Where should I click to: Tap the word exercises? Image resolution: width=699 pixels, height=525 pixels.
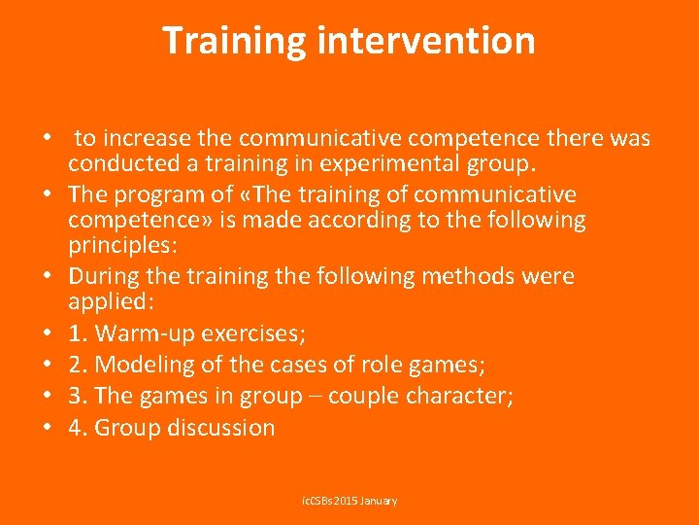pyautogui.click(x=254, y=333)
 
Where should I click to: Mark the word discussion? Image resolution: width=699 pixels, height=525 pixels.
pyautogui.click(x=217, y=427)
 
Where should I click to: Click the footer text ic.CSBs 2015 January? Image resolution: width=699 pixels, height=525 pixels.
pyautogui.click(x=349, y=500)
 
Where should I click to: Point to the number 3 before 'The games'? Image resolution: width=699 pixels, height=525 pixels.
pyautogui.click(x=75, y=396)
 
